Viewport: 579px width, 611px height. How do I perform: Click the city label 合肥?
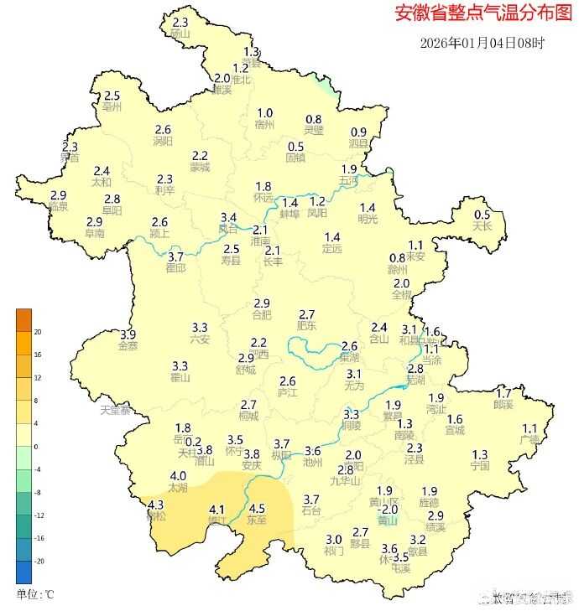pyautogui.click(x=262, y=315)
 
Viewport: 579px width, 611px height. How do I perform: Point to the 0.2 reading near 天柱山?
pyautogui.click(x=193, y=442)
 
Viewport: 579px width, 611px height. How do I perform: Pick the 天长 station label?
pyautogui.click(x=482, y=226)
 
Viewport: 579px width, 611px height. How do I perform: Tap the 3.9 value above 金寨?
pyautogui.click(x=128, y=334)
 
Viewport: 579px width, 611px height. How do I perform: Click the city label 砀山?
pyautogui.click(x=180, y=34)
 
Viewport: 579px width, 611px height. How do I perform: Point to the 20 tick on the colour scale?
pyautogui.click(x=38, y=332)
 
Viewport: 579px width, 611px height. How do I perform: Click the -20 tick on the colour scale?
pyautogui.click(x=38, y=561)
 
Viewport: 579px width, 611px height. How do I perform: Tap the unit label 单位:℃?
pyautogui.click(x=35, y=594)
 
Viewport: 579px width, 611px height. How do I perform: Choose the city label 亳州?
pyautogui.click(x=112, y=108)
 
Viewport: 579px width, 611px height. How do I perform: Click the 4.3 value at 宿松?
pyautogui.click(x=155, y=505)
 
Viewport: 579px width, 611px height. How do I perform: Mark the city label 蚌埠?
pyautogui.click(x=289, y=214)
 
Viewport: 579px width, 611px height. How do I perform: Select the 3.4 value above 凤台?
pyautogui.click(x=228, y=217)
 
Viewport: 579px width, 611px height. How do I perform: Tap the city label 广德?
pyautogui.click(x=529, y=439)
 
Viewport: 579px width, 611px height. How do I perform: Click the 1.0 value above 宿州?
pyautogui.click(x=264, y=113)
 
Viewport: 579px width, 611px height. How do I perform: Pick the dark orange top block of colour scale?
pyautogui.click(x=23, y=319)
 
